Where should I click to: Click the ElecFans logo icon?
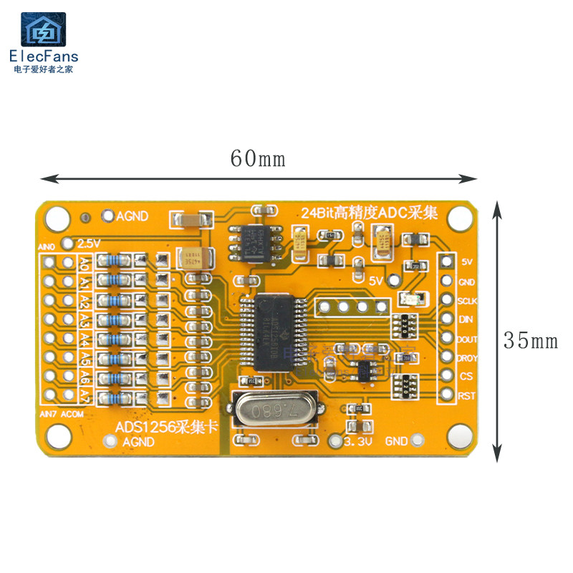(x=43, y=30)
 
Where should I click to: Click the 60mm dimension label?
(x=258, y=158)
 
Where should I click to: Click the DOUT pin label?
(x=468, y=339)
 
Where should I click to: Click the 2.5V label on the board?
(x=89, y=243)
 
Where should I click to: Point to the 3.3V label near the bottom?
(x=358, y=443)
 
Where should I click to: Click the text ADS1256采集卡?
(x=166, y=428)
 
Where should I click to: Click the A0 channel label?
(x=85, y=263)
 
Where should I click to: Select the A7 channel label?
(x=85, y=395)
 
